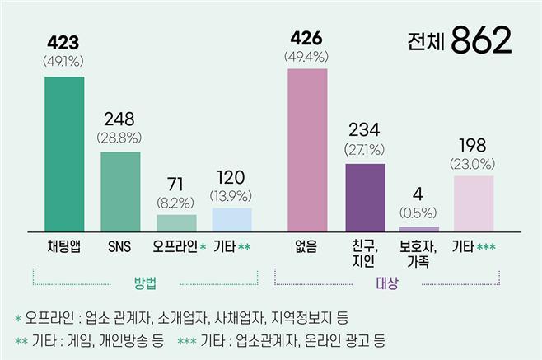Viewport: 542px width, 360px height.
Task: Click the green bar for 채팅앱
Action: (63, 153)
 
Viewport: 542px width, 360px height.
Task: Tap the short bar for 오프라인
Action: (176, 222)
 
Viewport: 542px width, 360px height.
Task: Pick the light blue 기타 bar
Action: (231, 219)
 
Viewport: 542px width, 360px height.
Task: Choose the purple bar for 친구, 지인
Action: (365, 197)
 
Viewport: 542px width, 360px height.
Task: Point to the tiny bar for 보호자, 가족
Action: (419, 228)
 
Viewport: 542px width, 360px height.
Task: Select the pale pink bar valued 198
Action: (474, 203)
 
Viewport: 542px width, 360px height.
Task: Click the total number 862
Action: (482, 39)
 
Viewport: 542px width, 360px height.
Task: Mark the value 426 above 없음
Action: (306, 38)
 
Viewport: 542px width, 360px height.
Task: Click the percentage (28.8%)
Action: (120, 137)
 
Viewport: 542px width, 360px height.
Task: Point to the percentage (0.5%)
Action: (419, 212)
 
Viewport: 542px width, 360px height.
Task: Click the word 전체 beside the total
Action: (425, 40)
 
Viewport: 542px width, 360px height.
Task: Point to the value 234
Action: (365, 132)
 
